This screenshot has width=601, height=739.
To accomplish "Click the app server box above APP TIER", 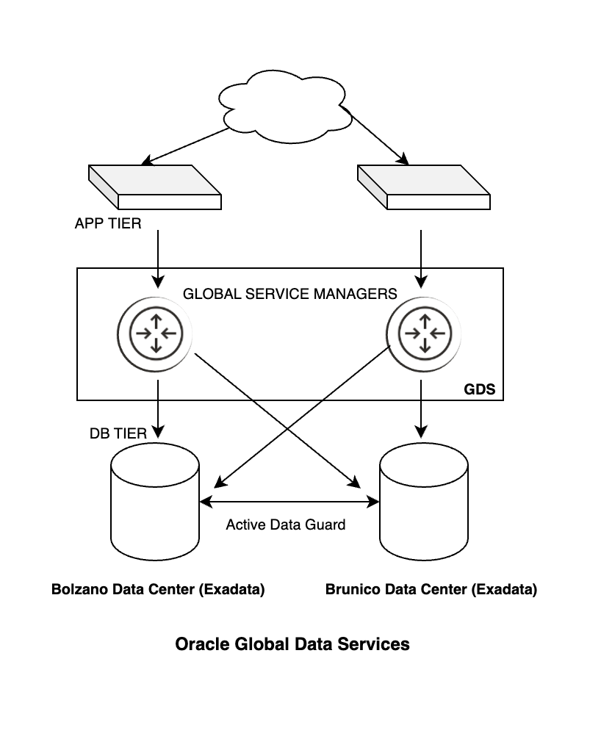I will pyautogui.click(x=155, y=187).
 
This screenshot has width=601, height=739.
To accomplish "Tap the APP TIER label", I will pyautogui.click(x=108, y=223).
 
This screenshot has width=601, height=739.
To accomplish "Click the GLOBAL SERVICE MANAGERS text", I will pyautogui.click(x=289, y=294).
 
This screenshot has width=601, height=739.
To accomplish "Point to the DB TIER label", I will pyautogui.click(x=118, y=433).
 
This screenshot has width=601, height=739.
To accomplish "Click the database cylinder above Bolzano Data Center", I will pyautogui.click(x=155, y=507).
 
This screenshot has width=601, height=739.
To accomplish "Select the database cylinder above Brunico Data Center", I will pyautogui.click(x=424, y=507).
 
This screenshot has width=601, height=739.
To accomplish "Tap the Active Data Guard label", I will pyautogui.click(x=285, y=524).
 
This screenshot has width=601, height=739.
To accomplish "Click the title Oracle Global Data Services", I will pyautogui.click(x=292, y=644).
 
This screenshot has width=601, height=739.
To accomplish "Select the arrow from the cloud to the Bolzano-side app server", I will pyautogui.click(x=187, y=146).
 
